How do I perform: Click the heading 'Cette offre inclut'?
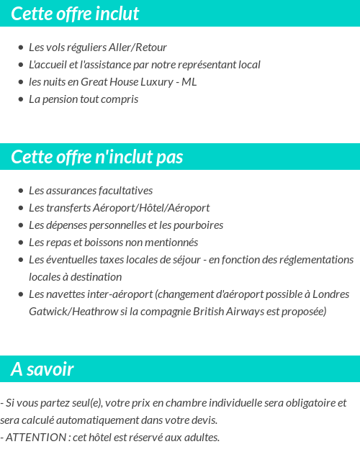[75, 14]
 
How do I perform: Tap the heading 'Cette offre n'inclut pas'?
[97, 157]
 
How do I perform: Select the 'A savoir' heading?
[42, 369]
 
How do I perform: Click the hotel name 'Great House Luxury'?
[127, 82]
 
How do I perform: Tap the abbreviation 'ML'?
[189, 82]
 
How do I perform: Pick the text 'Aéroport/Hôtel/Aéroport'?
[151, 208]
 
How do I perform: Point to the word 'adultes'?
[201, 438]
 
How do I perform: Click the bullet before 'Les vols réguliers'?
[21, 47]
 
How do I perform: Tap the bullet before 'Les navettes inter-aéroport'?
[21, 294]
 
